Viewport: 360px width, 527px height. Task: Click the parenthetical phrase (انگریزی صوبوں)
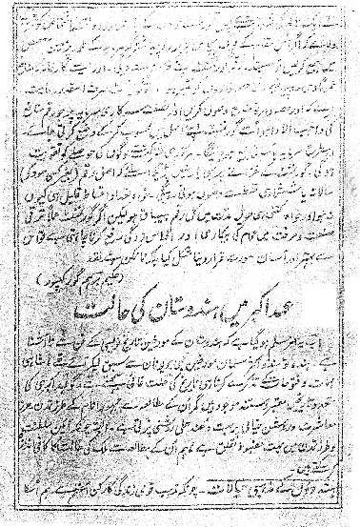(305, 199)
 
